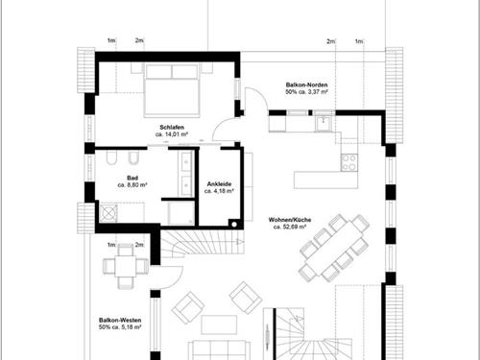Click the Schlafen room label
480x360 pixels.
pyautogui.click(x=172, y=128)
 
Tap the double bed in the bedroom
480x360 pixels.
pyautogui.click(x=172, y=89)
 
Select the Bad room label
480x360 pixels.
pyautogui.click(x=132, y=178)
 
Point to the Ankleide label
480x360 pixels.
pyautogui.click(x=219, y=184)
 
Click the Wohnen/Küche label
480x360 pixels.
pyautogui.click(x=290, y=220)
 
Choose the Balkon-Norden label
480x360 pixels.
pyautogui.click(x=306, y=84)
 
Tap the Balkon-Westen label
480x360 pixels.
pyautogui.click(x=120, y=320)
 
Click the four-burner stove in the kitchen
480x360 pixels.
pyautogui.click(x=349, y=162)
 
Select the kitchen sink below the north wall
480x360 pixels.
pyautogui.click(x=324, y=122)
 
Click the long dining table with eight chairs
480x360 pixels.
pyautogui.click(x=334, y=248)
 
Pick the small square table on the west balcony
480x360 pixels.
pyautogui.click(x=126, y=266)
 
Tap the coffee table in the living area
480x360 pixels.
pyautogui.click(x=219, y=324)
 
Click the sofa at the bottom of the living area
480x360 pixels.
pyautogui.click(x=219, y=350)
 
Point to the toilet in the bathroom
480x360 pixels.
pyautogui.click(x=111, y=157)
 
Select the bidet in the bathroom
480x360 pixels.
pyautogui.click(x=132, y=157)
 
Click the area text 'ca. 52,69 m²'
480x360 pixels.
pyautogui.click(x=290, y=227)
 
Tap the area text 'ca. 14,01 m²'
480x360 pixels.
pyautogui.click(x=172, y=134)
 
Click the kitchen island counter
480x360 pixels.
pyautogui.click(x=326, y=180)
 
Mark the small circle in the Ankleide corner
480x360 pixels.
pyautogui.click(x=234, y=225)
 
